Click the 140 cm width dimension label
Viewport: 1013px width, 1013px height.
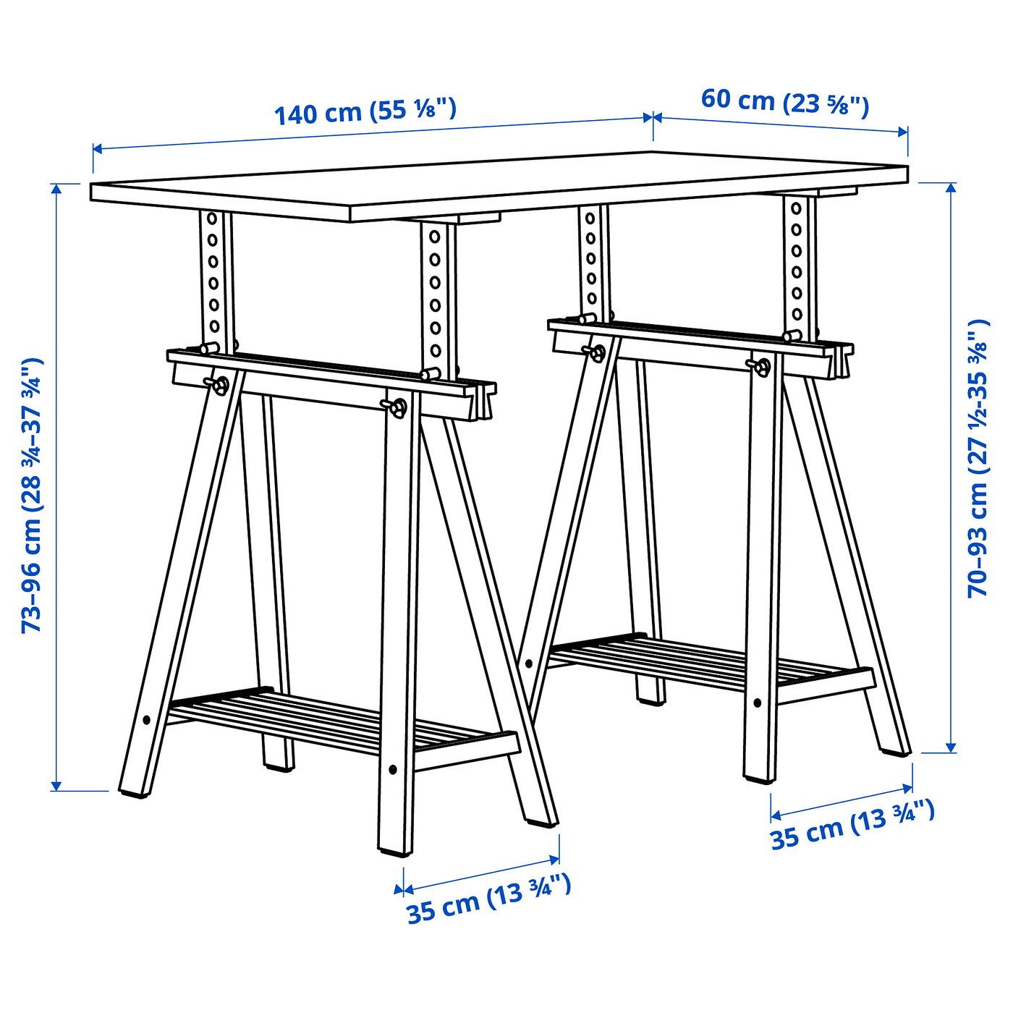click(365, 111)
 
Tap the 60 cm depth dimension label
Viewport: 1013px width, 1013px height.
click(784, 102)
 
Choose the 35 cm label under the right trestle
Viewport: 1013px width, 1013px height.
click(852, 825)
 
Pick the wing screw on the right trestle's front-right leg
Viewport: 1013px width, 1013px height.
click(761, 366)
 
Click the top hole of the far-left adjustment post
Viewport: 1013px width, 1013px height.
click(212, 218)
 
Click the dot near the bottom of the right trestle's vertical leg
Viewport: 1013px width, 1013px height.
click(757, 703)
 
